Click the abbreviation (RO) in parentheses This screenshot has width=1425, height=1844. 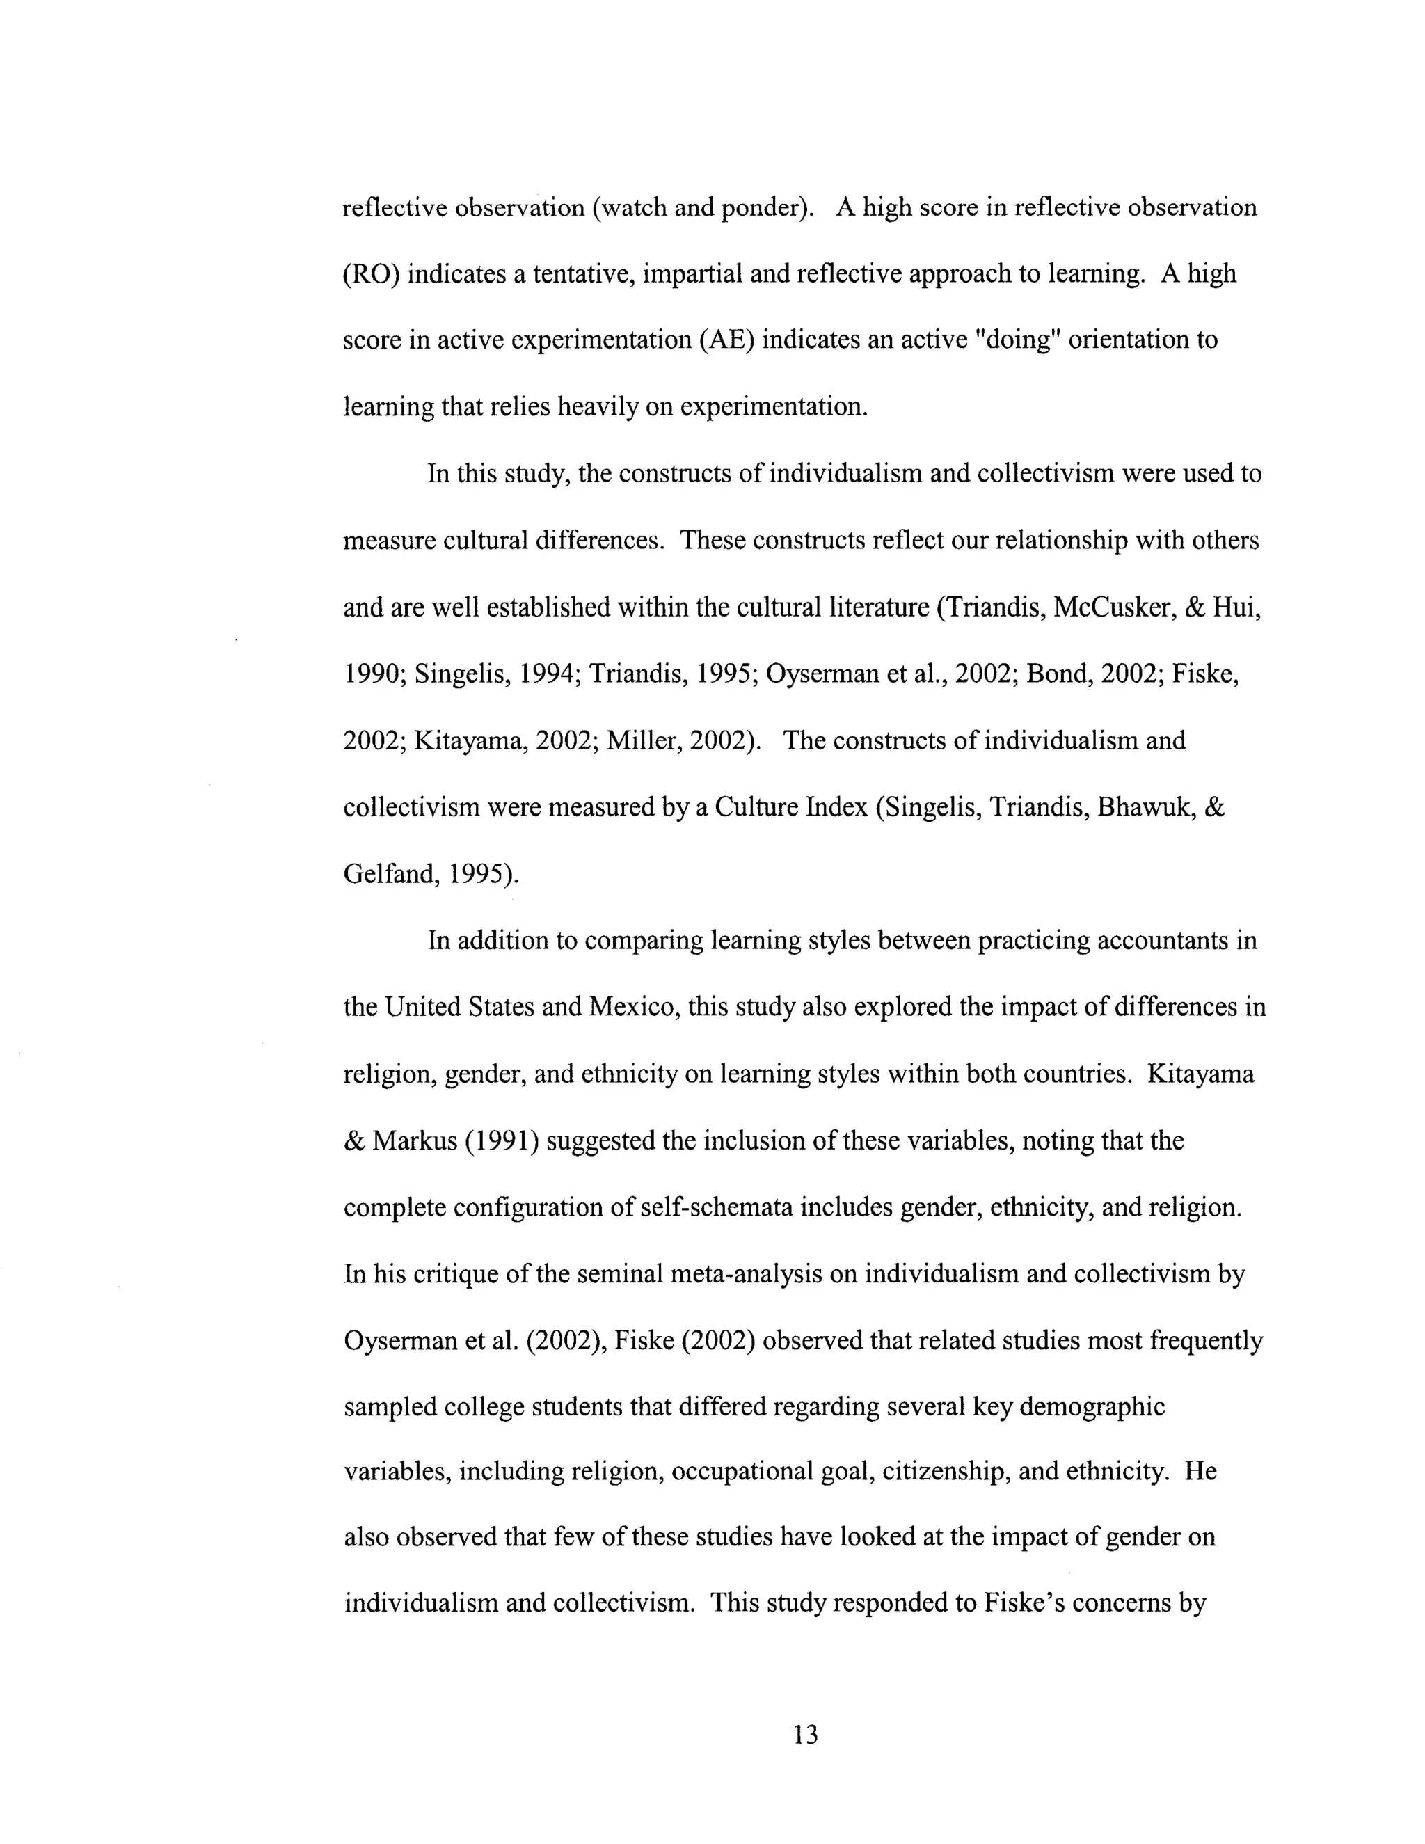(371, 274)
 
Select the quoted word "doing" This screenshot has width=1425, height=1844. (1017, 340)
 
